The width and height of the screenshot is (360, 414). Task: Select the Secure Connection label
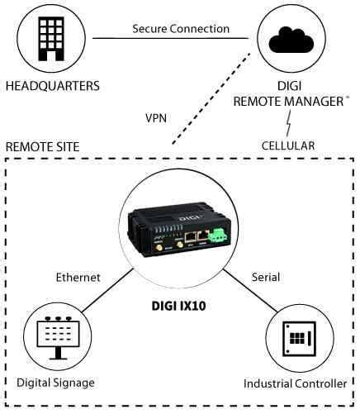click(181, 29)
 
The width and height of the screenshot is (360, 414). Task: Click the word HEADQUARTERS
click(52, 86)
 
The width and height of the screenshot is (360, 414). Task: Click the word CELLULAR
click(288, 146)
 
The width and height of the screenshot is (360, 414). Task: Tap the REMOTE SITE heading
click(43, 146)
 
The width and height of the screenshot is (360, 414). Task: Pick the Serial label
click(264, 278)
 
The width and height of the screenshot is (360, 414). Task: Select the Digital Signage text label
click(55, 383)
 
